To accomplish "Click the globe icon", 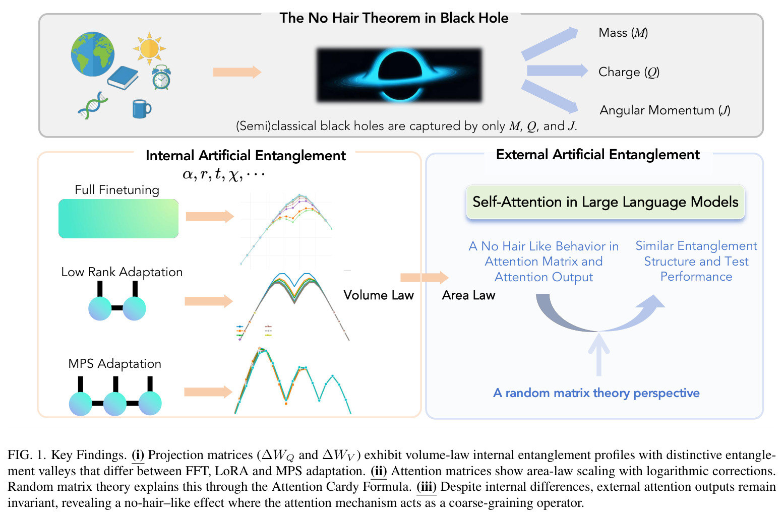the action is coord(92,54).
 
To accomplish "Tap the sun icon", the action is coord(149,48).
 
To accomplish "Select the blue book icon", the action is coord(123,78).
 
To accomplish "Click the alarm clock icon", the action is coord(161,77).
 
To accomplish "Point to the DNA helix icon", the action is coord(92,105).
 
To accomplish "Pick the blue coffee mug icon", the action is coord(142,109).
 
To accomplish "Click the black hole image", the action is coord(399,75).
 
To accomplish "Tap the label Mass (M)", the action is coord(623,33).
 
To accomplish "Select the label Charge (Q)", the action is coord(629,72).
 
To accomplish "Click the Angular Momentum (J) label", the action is coord(665,110).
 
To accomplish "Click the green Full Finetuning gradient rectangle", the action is coord(118,219).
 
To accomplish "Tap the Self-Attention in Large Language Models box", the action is coord(605,202).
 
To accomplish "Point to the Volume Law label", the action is coord(378,295).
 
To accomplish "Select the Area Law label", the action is coord(468,295).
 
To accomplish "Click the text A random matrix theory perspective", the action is coord(596,393).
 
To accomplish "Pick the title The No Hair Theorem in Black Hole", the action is coord(394,18).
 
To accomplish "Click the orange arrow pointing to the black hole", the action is coord(237,72).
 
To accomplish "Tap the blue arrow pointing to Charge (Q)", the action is coord(557,71).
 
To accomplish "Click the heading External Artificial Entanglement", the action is coord(598,155).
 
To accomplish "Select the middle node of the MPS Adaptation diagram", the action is coord(115,404).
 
